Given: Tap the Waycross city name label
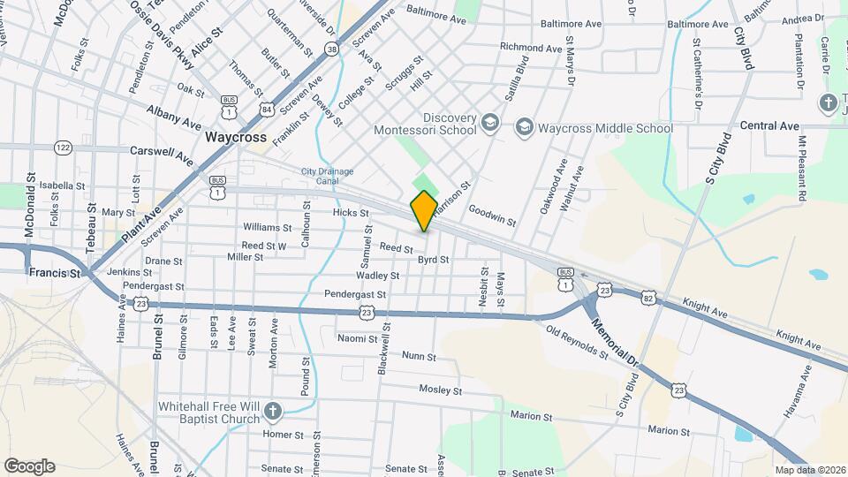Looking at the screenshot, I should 236,138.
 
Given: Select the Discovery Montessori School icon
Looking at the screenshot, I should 491,124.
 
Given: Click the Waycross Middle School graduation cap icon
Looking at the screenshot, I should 525,128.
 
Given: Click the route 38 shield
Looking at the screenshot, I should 331,49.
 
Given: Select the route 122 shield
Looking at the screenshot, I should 63,148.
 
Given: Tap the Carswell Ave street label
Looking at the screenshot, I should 161,155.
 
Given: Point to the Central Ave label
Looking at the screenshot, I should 769,126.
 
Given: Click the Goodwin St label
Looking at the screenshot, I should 492,216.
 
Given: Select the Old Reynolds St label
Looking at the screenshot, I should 577,342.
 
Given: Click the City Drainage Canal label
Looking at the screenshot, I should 328,177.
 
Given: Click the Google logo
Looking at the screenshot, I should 30,466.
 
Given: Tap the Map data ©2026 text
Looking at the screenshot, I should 808,470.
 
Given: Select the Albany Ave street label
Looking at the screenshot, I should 174,116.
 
